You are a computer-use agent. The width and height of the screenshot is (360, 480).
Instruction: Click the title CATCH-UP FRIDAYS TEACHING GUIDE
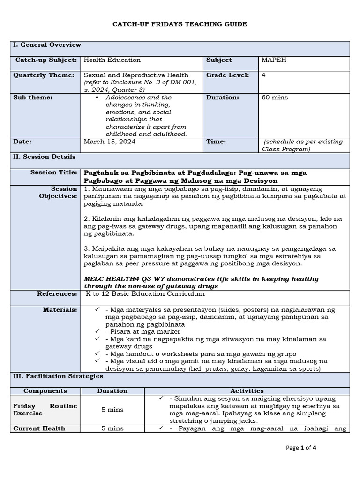(180, 24)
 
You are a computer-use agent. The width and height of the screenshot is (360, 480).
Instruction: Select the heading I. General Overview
(47, 45)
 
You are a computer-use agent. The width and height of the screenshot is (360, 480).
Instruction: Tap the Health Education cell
(112, 60)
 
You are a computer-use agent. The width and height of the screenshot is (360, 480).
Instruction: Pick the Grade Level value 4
(264, 75)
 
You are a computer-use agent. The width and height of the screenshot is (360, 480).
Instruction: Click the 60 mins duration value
(275, 97)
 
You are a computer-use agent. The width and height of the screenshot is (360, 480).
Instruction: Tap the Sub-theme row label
(33, 97)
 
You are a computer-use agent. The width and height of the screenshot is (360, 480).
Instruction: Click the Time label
(216, 142)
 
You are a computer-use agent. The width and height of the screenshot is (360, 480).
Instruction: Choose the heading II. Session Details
(45, 157)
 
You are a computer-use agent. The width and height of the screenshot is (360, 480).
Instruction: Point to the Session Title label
(54, 172)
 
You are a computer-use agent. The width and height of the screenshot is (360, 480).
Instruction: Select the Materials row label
(60, 309)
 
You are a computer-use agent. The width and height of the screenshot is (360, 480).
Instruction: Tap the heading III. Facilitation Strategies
(58, 376)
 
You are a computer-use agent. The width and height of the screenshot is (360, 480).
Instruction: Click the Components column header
(45, 391)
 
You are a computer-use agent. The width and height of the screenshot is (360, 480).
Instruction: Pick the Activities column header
(247, 391)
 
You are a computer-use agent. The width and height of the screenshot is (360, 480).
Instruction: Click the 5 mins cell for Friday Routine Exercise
(112, 410)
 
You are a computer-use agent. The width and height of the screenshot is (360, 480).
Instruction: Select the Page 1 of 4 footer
(301, 448)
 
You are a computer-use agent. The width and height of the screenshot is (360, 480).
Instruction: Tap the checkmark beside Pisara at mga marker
(97, 331)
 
